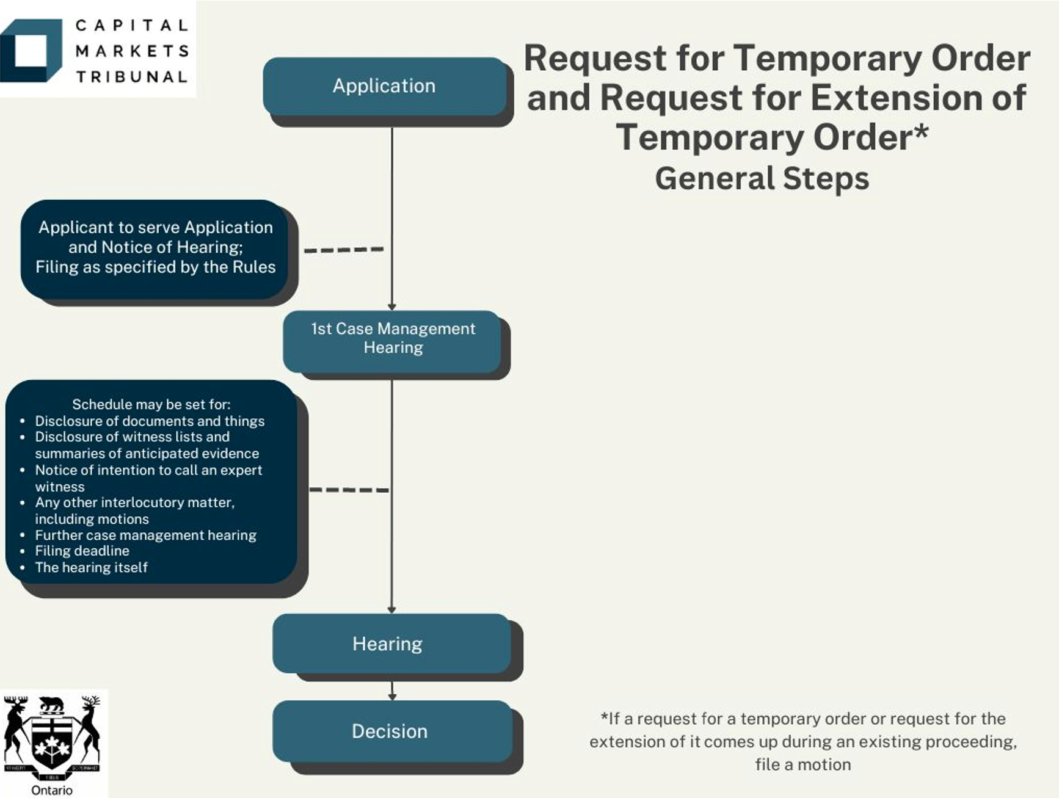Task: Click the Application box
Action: [x=385, y=86]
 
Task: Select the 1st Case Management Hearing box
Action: [x=392, y=341]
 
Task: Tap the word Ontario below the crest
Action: [x=52, y=790]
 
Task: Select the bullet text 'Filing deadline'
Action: [x=82, y=551]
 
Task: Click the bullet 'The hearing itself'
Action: [x=91, y=567]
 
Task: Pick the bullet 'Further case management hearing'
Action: [x=145, y=535]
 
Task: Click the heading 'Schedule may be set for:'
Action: [x=151, y=404]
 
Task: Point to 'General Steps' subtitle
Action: [x=762, y=179]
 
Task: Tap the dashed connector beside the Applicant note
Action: [x=344, y=250]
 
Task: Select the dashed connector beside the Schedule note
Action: [x=349, y=490]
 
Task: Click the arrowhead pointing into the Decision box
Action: [x=392, y=697]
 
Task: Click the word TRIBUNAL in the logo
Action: [x=131, y=77]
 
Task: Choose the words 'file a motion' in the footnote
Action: [x=802, y=764]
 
